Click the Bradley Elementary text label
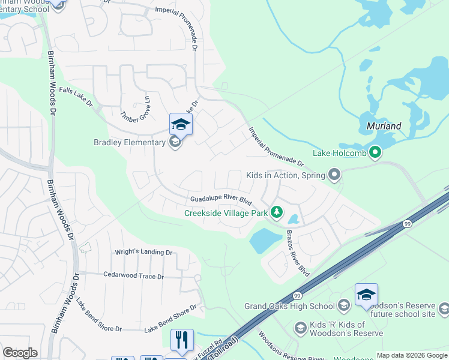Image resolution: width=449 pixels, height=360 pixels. coord(129,142)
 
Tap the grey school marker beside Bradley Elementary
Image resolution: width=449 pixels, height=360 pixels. coord(175,142)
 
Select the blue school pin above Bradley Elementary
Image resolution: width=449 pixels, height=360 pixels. coord(181,125)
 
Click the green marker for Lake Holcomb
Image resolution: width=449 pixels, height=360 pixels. coord(376,152)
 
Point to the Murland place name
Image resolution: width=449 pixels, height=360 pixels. coord(384,127)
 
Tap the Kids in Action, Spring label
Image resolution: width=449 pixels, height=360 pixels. coord(285,176)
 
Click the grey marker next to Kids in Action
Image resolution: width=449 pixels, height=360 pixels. coord(334,176)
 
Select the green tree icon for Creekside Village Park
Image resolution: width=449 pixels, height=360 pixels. coord(277,212)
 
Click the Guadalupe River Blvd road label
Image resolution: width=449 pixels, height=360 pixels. coord(221,198)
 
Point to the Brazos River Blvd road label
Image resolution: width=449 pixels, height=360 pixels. coord(298,253)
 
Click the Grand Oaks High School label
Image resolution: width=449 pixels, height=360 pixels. coord(289,306)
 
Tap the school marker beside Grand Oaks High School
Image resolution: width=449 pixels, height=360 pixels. coord(344,306)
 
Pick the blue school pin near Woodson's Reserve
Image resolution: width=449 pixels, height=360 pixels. coord(366,295)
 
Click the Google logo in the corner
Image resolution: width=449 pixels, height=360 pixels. coord(20,353)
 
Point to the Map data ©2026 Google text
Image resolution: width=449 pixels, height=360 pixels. coord(411,355)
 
